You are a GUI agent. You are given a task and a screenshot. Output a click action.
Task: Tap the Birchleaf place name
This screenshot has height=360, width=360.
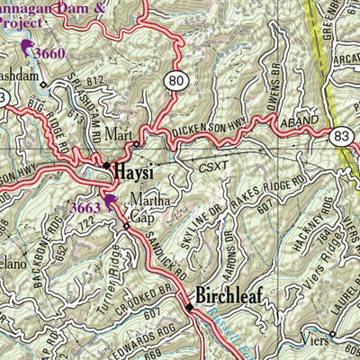click(x=237, y=296)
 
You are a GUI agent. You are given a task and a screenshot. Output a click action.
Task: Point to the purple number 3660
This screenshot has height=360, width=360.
click(x=50, y=53)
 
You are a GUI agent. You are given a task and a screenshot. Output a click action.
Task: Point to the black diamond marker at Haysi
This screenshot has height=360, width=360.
click(x=105, y=166)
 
